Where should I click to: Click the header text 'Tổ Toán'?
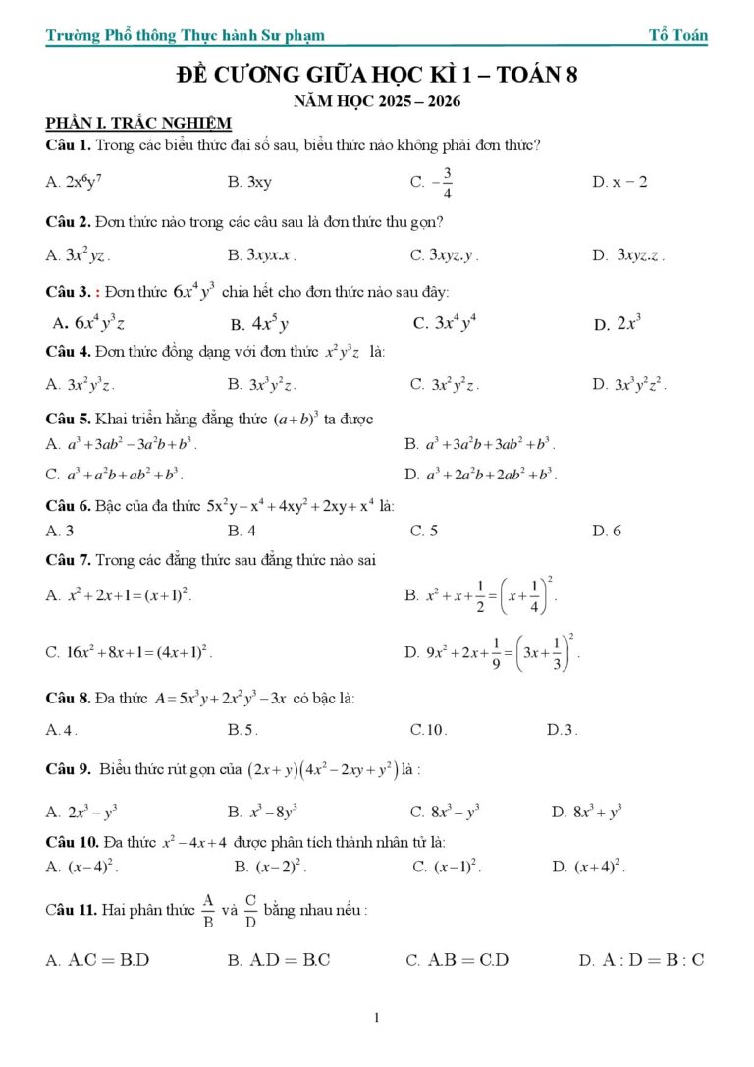[677, 35]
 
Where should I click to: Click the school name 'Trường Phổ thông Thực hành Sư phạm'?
[185, 36]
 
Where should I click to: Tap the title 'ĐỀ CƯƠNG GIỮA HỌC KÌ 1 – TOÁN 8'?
[377, 76]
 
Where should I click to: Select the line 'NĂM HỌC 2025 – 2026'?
[377, 101]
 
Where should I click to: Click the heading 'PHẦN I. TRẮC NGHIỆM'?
[138, 123]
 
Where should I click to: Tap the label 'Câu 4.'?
[69, 351]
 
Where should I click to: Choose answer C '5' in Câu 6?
[424, 531]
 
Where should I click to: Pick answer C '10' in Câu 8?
[429, 730]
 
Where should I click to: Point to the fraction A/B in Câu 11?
[207, 911]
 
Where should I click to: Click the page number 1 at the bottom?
[377, 1018]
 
